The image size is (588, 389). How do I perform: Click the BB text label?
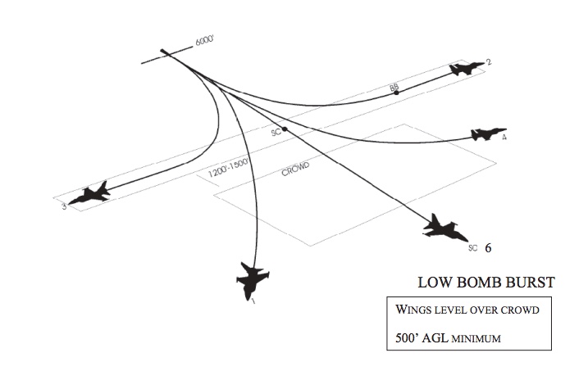[394, 86]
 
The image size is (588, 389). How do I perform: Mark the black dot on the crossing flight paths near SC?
[285, 129]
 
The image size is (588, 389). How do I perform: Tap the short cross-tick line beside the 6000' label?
[164, 55]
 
